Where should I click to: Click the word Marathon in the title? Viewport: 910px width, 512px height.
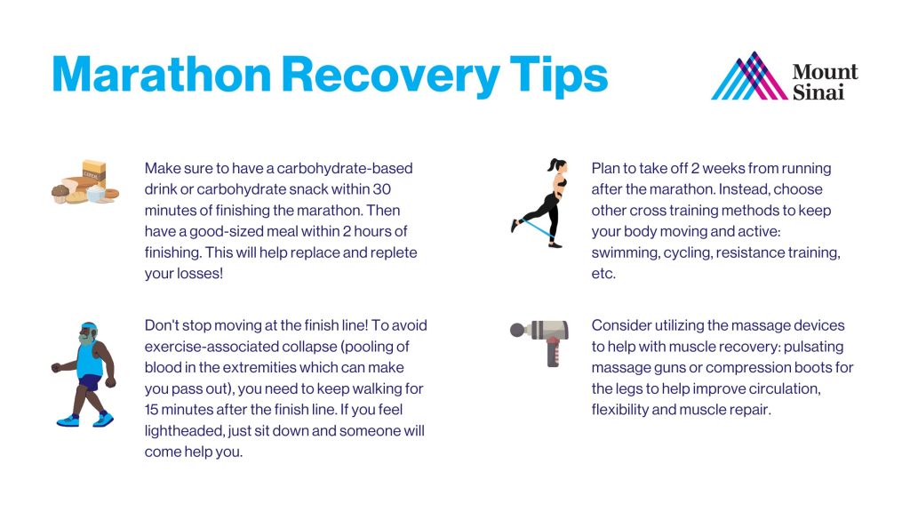(162, 75)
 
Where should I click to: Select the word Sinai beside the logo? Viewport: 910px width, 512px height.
(818, 92)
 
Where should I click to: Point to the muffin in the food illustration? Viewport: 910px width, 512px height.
(60, 193)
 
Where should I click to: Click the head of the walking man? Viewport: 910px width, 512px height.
(88, 334)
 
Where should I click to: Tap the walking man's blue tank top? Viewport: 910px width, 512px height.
(90, 361)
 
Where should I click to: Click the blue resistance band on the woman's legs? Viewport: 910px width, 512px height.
(536, 228)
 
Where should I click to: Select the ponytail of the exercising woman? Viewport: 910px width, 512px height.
(553, 164)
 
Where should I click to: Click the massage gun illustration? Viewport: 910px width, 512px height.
(539, 342)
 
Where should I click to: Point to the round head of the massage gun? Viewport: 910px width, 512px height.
(516, 331)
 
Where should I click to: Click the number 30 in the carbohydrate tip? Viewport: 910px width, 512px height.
(381, 189)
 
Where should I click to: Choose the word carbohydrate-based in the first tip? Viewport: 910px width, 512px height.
(345, 168)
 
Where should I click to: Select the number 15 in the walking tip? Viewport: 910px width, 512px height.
(151, 410)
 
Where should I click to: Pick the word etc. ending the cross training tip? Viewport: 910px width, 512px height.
(603, 274)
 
